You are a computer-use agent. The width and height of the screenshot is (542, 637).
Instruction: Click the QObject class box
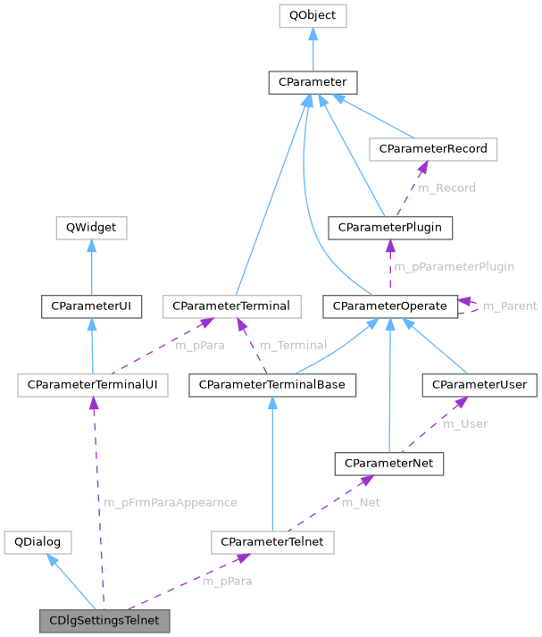[x=313, y=16]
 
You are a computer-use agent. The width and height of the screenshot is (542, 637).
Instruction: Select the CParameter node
[x=313, y=83]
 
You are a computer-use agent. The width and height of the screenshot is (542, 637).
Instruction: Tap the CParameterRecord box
[x=433, y=148]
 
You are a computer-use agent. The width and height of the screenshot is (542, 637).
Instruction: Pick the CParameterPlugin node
[x=390, y=228]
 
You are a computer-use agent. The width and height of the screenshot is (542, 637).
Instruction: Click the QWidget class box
[x=91, y=228]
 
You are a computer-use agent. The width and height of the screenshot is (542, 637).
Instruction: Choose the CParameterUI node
[x=91, y=306]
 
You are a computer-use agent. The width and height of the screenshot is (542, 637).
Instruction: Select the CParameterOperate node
[x=389, y=306]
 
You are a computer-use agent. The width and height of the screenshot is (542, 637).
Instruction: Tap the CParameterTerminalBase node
[x=272, y=385]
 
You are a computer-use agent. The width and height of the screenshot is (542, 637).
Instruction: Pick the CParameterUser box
[x=479, y=385]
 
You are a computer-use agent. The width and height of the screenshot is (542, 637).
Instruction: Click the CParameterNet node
[x=388, y=463]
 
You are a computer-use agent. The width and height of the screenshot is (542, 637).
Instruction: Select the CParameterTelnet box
[x=272, y=541]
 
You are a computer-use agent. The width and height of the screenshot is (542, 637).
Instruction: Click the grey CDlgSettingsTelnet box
[x=104, y=619]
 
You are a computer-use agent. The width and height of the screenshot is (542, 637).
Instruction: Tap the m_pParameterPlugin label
[x=454, y=266]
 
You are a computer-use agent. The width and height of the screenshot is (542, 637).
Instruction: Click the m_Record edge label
[x=447, y=188]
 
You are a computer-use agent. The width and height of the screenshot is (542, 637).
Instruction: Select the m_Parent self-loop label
[x=510, y=306]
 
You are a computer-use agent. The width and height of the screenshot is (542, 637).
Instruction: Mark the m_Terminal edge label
[x=293, y=345]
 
